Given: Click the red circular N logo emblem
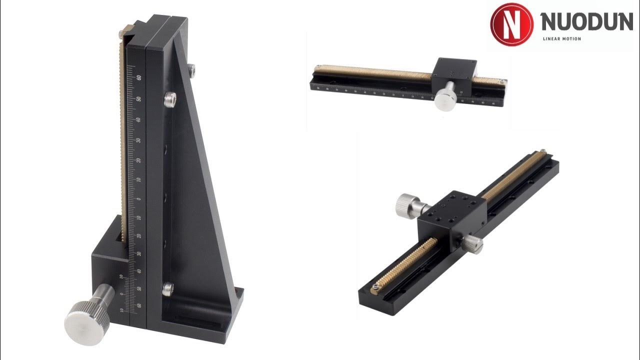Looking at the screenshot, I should (511, 24).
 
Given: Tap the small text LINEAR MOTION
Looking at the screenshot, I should (561, 39).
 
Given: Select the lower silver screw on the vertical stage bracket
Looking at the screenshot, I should (168, 288).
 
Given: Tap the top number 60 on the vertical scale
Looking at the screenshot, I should (138, 77).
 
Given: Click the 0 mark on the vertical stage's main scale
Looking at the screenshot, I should (138, 199).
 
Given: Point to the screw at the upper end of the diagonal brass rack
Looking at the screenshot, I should (542, 151).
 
